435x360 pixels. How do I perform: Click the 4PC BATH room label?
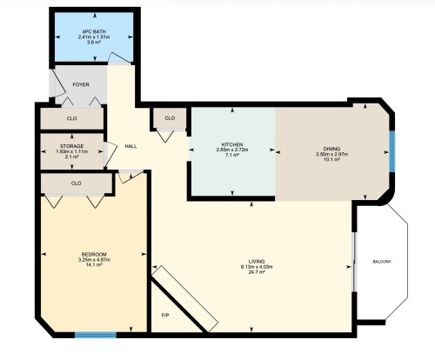point(94,31)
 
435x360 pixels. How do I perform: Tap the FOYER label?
point(81,84)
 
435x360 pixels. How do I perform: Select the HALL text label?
point(130,146)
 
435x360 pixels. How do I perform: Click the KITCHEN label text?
point(232,144)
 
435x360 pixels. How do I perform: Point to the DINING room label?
point(332,149)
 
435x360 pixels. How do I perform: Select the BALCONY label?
point(382,262)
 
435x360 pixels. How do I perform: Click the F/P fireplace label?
point(165,316)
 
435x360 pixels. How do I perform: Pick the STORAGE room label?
point(72,146)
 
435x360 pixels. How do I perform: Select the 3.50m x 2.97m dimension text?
point(332,154)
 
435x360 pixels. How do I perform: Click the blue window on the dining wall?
point(392,151)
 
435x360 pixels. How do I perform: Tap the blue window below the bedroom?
point(96,335)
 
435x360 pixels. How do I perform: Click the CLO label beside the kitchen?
point(170,118)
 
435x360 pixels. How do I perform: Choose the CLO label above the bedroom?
point(76,183)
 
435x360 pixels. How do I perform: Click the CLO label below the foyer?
point(71,118)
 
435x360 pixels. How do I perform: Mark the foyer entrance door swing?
point(57,83)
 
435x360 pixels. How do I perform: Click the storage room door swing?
point(110,155)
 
